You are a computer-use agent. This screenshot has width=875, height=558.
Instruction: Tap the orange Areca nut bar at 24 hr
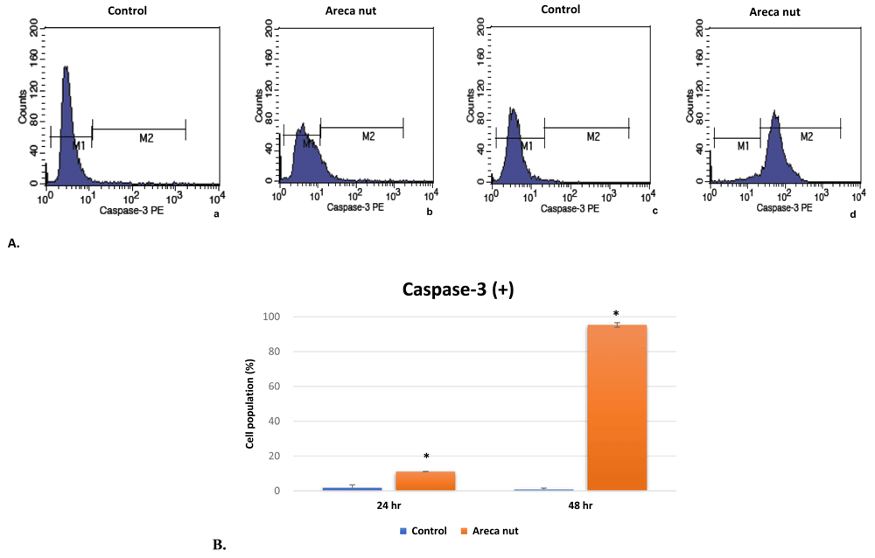click(424, 481)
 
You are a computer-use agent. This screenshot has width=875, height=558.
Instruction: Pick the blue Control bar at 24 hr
click(352, 488)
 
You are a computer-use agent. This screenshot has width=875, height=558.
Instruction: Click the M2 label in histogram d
click(806, 136)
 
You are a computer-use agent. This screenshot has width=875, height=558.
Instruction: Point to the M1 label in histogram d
click(743, 146)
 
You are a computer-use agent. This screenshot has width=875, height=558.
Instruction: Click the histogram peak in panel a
click(66, 68)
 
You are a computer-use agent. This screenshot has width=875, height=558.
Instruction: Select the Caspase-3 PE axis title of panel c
click(570, 209)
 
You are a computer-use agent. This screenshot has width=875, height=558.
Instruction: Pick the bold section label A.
click(13, 244)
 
